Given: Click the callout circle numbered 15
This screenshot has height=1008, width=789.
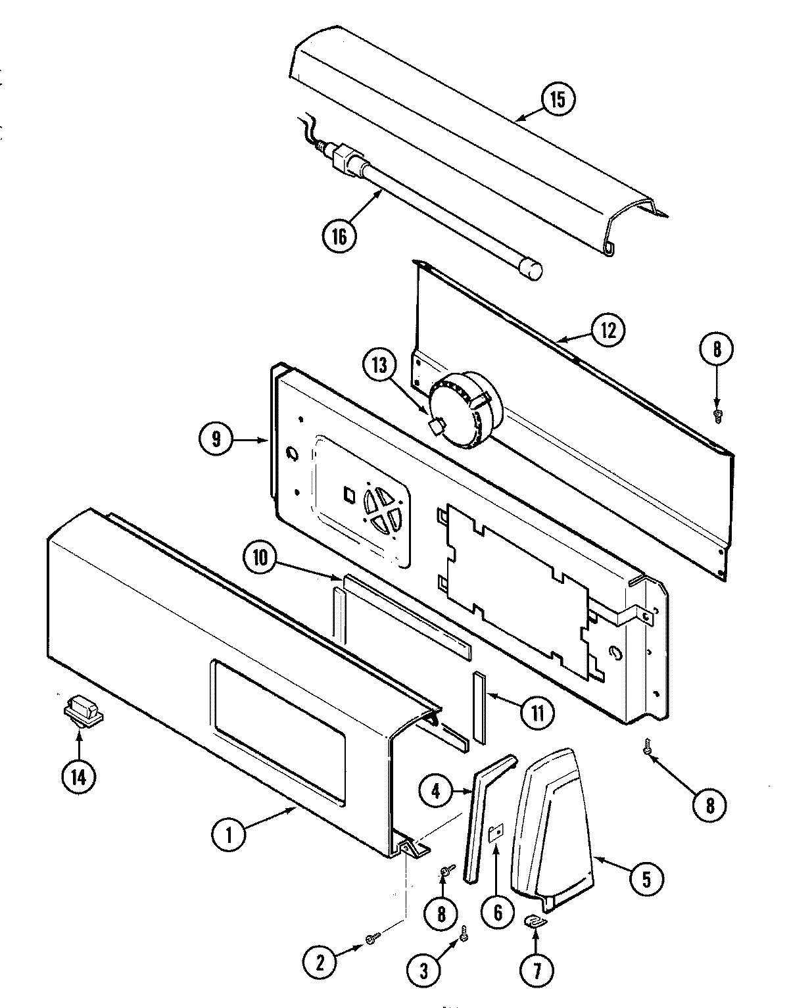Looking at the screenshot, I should (x=558, y=100).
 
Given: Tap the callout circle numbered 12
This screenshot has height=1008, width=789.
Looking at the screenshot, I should (x=607, y=331).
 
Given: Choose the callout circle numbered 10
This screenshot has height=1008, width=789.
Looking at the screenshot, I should (x=261, y=558).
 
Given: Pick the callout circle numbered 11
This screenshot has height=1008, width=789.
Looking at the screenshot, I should (x=537, y=712).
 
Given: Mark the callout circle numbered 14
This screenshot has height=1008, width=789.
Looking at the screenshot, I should (x=78, y=778).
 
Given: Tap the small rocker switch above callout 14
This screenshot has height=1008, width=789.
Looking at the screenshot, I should (x=82, y=711).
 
